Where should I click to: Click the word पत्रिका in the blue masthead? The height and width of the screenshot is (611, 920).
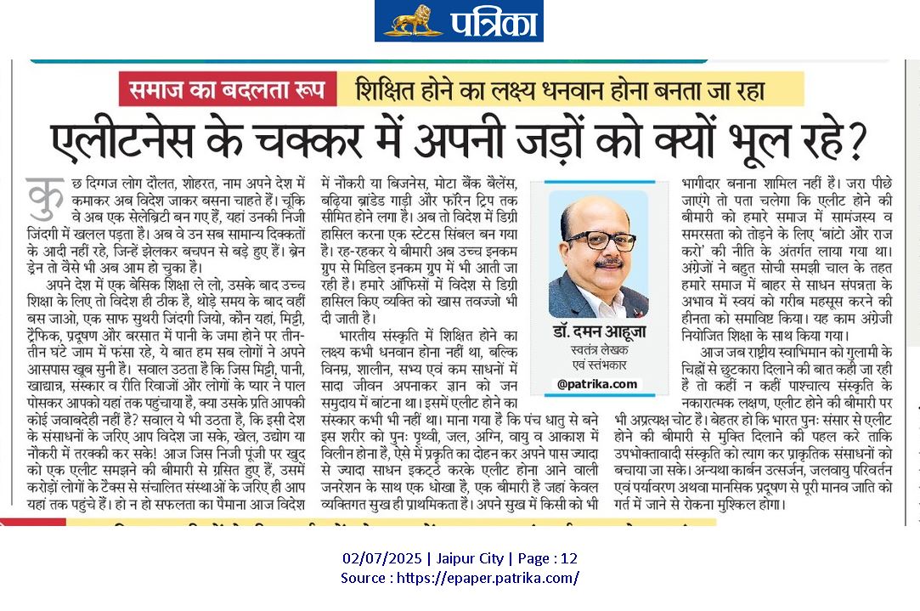click(488, 21)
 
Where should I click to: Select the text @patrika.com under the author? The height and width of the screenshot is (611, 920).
click(597, 384)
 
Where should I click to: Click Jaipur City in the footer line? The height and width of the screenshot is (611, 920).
click(471, 559)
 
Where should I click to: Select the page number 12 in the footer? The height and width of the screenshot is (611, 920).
click(569, 559)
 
